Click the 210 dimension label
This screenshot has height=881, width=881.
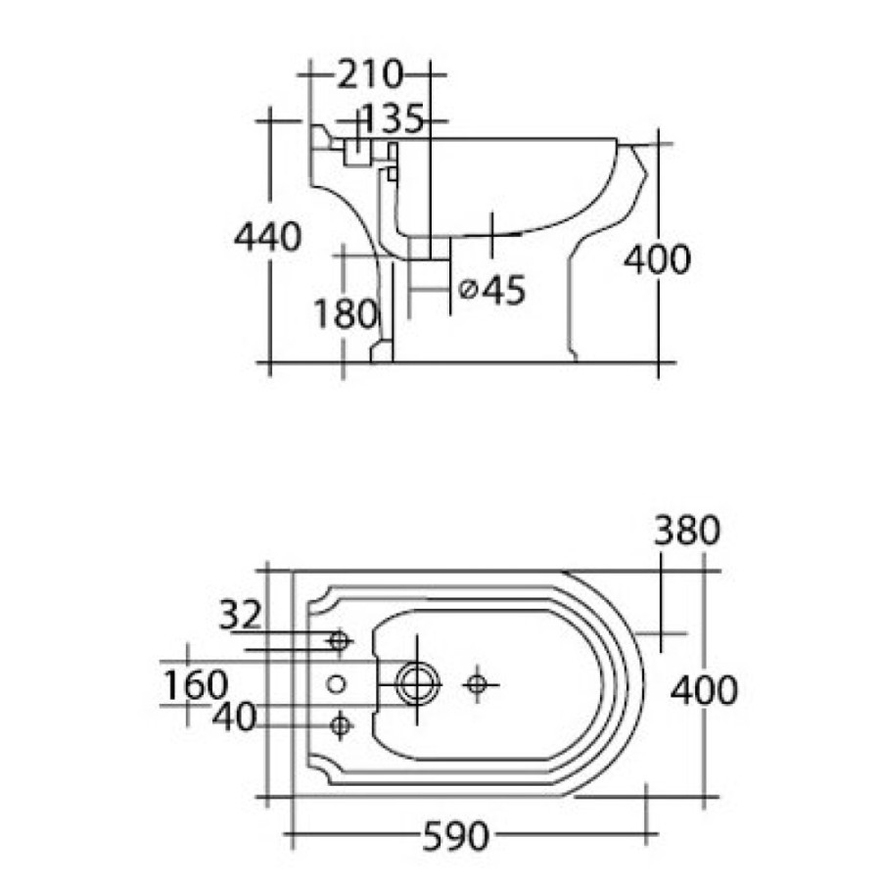tap(370, 74)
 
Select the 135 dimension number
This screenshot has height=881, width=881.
tap(393, 118)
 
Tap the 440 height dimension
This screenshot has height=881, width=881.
tap(268, 237)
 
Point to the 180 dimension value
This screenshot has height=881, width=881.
tap(345, 313)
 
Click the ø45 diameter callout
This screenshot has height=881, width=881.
tap(492, 290)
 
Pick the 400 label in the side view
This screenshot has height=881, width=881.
tap(657, 259)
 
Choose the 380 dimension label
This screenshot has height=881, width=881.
tap(686, 530)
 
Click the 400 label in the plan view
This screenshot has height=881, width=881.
tap(704, 690)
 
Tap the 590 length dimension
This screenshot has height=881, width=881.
tap(455, 836)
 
